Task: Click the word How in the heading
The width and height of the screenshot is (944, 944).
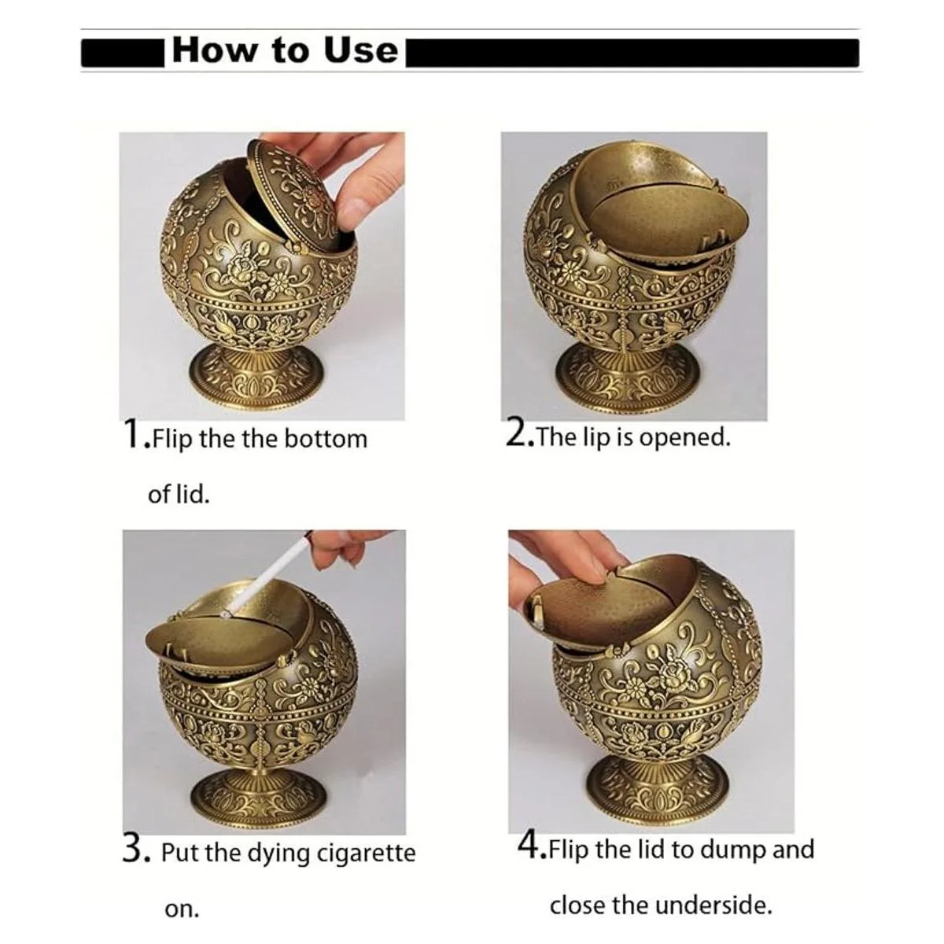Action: pyautogui.click(x=214, y=50)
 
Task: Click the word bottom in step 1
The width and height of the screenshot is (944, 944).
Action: pyautogui.click(x=325, y=439)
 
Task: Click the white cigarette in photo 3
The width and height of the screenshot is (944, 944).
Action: pyautogui.click(x=267, y=573)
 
